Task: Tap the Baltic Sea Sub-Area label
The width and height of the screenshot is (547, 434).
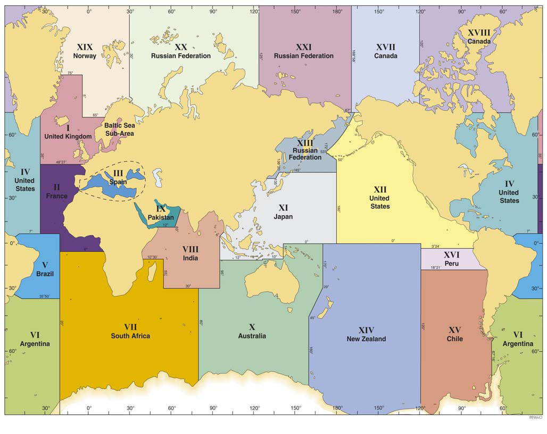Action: tap(119, 130)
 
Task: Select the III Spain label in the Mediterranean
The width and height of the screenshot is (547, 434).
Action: tap(118, 177)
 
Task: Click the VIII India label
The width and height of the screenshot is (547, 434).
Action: tap(190, 253)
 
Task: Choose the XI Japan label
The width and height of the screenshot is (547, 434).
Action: tap(283, 212)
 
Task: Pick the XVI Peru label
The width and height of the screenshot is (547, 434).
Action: tap(451, 259)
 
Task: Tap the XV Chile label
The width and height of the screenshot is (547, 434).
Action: tap(454, 334)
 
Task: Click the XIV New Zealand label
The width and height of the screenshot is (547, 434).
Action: tap(366, 334)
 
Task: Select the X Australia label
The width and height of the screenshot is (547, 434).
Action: tap(252, 331)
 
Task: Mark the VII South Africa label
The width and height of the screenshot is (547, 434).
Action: tap(130, 331)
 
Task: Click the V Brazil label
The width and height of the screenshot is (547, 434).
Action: tap(45, 269)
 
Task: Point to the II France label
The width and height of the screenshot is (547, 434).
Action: tap(56, 191)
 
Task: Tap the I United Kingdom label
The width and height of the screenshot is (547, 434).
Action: tap(68, 132)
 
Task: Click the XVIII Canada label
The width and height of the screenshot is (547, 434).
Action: tap(479, 37)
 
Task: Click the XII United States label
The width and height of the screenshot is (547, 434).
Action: tap(379, 198)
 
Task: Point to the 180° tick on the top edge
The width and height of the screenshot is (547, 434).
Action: tap(337, 11)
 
